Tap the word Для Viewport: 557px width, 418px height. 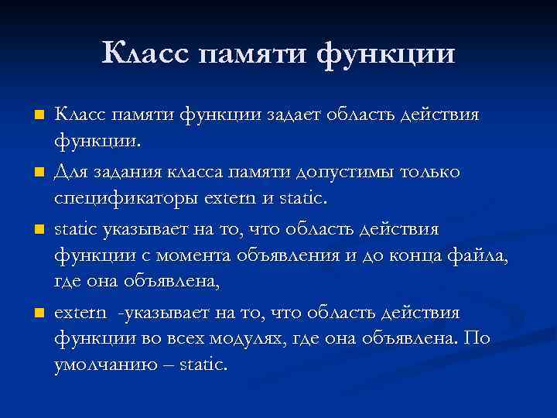[71, 172]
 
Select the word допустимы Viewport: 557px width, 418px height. [352, 173]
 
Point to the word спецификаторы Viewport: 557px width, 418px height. [120, 200]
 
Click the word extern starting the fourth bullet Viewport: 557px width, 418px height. [78, 313]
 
